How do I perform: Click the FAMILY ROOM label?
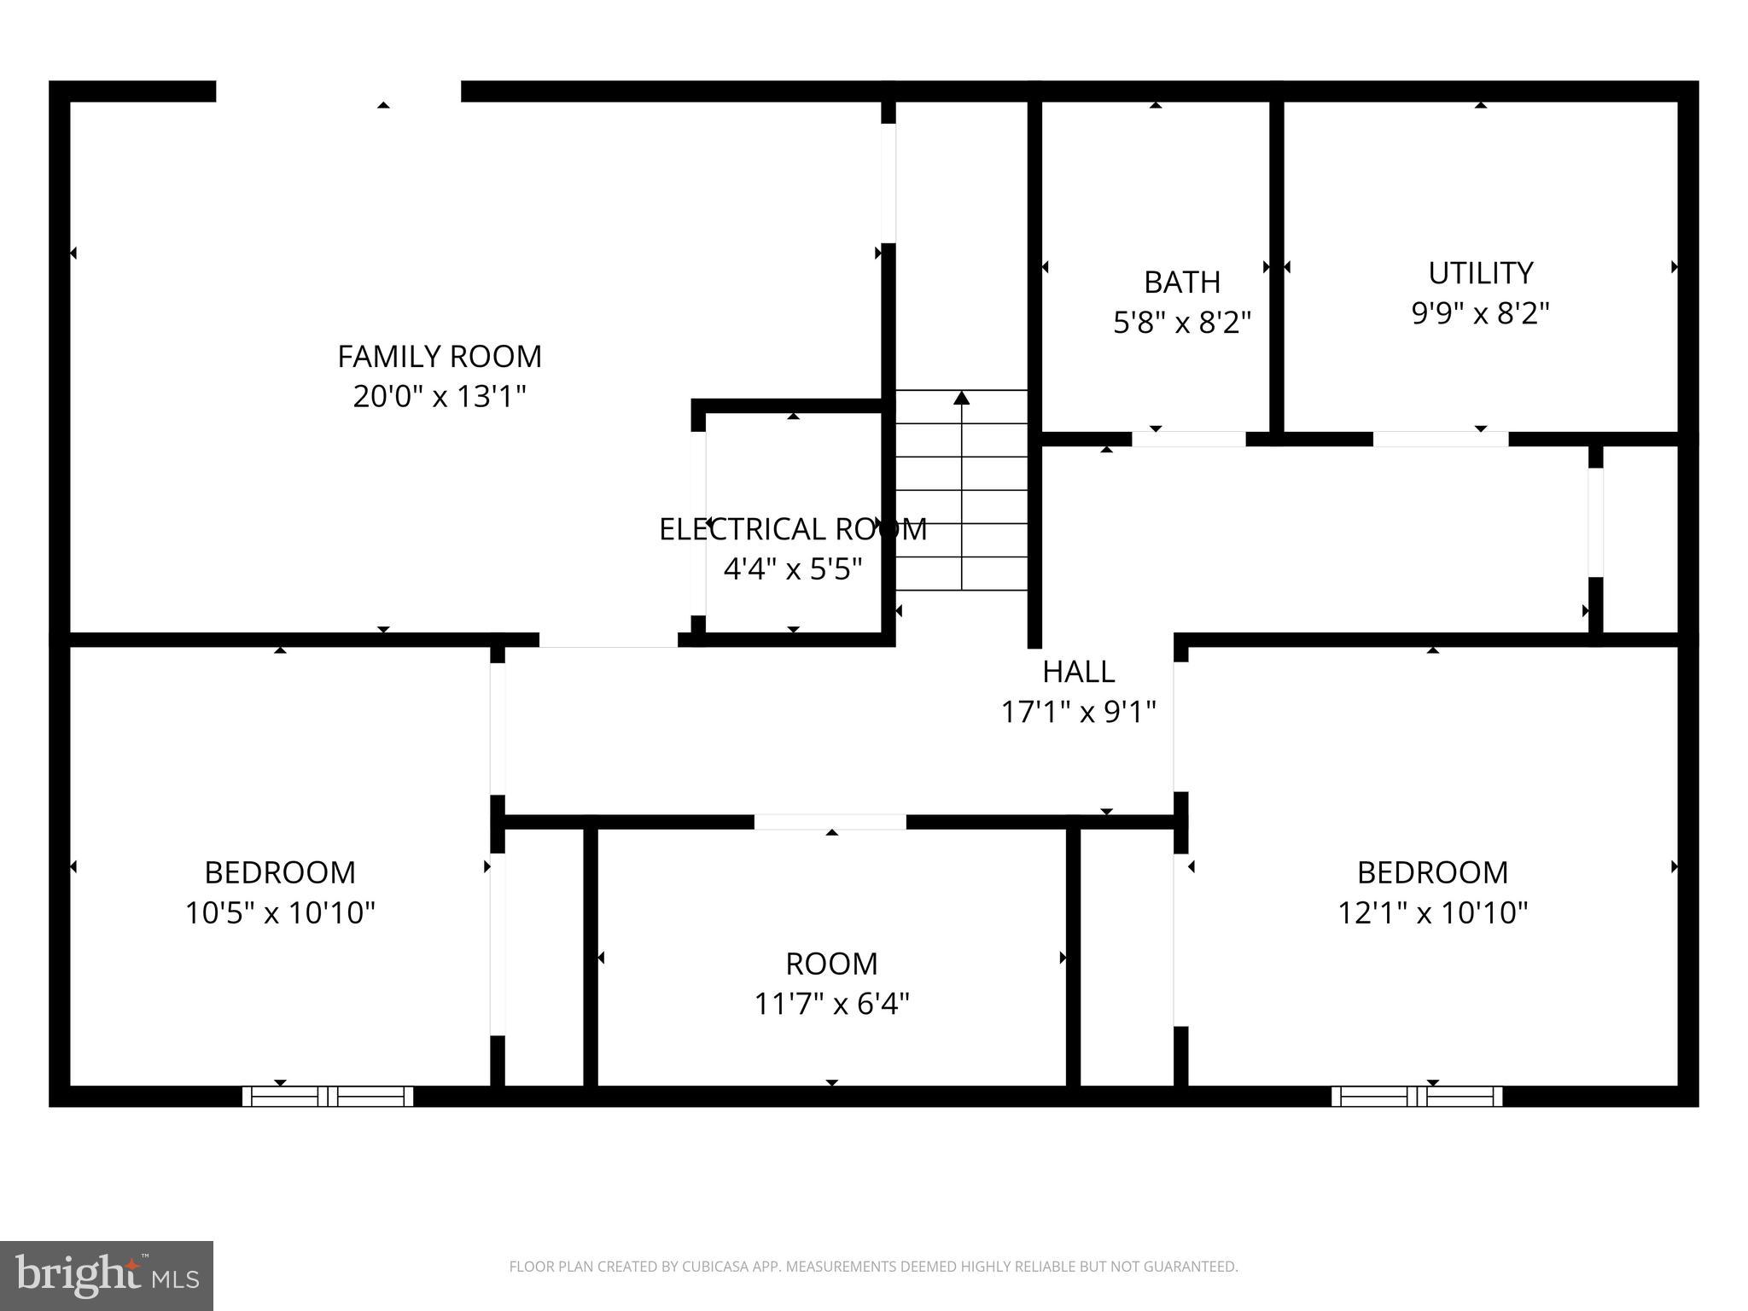pyautogui.click(x=440, y=356)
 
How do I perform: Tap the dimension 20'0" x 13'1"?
pyautogui.click(x=440, y=397)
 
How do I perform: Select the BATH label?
pyautogui.click(x=1182, y=282)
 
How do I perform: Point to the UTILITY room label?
pyautogui.click(x=1480, y=273)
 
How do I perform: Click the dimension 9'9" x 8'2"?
pyautogui.click(x=1480, y=313)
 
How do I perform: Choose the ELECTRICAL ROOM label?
pyautogui.click(x=793, y=529)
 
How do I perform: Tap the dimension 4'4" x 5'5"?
pyautogui.click(x=793, y=568)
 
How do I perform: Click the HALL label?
pyautogui.click(x=1078, y=672)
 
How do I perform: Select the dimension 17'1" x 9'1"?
pyautogui.click(x=1078, y=711)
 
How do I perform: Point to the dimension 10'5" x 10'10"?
pyautogui.click(x=280, y=913)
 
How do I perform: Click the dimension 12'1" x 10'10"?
pyautogui.click(x=1432, y=913)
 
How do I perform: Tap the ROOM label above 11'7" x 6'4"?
pyautogui.click(x=831, y=964)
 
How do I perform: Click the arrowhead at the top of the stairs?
pyautogui.click(x=962, y=398)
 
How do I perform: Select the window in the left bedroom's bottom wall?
pyautogui.click(x=328, y=1096)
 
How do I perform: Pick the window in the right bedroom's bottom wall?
pyautogui.click(x=1417, y=1096)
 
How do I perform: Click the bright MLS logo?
pyautogui.click(x=106, y=1275)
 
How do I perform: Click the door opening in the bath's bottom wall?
pyautogui.click(x=1188, y=439)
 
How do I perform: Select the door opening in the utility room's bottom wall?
pyautogui.click(x=1440, y=439)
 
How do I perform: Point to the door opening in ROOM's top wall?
pyautogui.click(x=830, y=822)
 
